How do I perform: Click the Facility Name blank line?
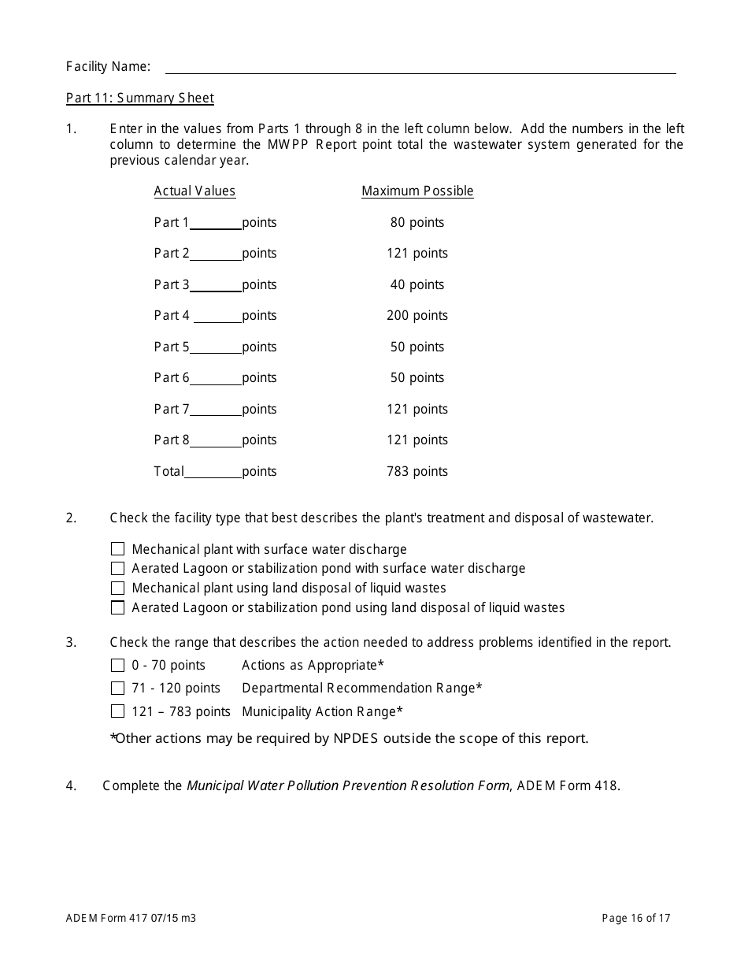(x=420, y=68)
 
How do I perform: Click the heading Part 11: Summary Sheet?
(x=140, y=98)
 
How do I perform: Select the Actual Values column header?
(x=194, y=191)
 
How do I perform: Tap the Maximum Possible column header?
(x=417, y=191)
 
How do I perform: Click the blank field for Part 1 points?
(x=216, y=224)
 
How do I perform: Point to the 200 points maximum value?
(x=417, y=316)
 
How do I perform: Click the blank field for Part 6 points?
(x=216, y=379)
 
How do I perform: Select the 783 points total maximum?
(x=417, y=472)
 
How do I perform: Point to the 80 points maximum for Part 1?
(x=417, y=223)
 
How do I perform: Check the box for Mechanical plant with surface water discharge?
(x=118, y=549)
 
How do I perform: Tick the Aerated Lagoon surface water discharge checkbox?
(x=118, y=569)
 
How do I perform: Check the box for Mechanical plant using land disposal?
(x=118, y=588)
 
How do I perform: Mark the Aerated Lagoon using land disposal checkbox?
(x=118, y=608)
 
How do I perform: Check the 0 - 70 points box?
(x=118, y=666)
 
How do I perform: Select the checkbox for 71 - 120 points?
(x=118, y=689)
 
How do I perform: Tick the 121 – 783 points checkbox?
(x=118, y=712)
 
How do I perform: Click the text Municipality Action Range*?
(x=322, y=712)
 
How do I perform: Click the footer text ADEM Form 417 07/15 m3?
(x=131, y=919)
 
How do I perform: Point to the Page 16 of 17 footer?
(x=636, y=919)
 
